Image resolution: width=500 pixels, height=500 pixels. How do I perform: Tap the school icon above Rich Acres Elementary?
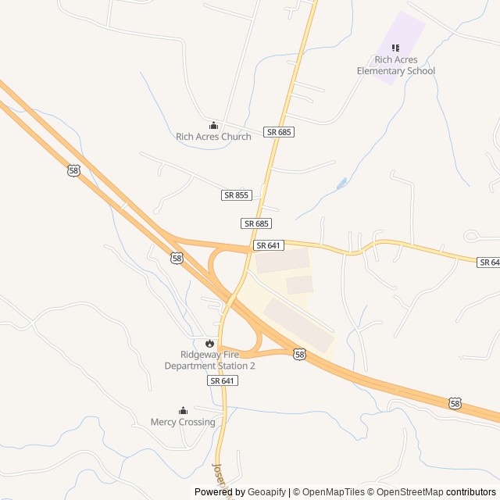[395, 47]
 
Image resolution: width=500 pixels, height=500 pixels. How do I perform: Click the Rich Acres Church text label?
[213, 137]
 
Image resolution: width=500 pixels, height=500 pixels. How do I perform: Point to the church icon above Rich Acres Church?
[213, 125]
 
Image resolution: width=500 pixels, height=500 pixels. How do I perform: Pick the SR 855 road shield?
[236, 195]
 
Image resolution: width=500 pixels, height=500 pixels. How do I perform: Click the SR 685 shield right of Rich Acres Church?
[279, 132]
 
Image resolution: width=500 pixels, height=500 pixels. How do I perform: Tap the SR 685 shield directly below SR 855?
[256, 223]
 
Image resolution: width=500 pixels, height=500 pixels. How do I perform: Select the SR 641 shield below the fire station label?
[223, 380]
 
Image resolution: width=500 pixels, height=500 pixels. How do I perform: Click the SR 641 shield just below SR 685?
[268, 245]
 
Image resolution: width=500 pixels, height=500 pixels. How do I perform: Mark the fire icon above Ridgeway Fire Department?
[209, 343]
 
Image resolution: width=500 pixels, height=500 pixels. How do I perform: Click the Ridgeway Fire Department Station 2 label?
[209, 360]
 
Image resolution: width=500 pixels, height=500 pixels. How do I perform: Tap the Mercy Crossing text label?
[183, 422]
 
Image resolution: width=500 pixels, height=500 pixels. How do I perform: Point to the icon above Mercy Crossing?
[183, 410]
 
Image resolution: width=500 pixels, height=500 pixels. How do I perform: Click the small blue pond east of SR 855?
[341, 184]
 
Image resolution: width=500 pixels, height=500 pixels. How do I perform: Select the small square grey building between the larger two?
[299, 284]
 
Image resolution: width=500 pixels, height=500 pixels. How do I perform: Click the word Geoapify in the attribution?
[267, 492]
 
